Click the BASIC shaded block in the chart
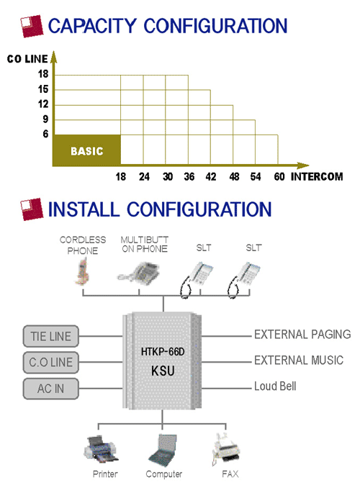pos(86,150)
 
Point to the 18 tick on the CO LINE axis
pos(43,74)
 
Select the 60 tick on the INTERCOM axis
pos(279,177)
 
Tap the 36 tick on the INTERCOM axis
pos(189,177)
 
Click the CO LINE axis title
pos(27,59)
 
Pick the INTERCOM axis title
pos(317,177)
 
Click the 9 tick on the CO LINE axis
pos(45,119)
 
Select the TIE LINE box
pos(50,336)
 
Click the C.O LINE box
pos(50,363)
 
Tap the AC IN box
pos(50,389)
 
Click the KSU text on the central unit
pos(163,371)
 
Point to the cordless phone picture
pos(83,273)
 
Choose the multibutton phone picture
pos(139,273)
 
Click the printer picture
pos(100,450)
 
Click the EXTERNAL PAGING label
pos(302,335)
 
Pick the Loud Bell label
pos(275,386)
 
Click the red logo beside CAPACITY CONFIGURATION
pos(32,26)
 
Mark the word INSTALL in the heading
pos(84,209)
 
